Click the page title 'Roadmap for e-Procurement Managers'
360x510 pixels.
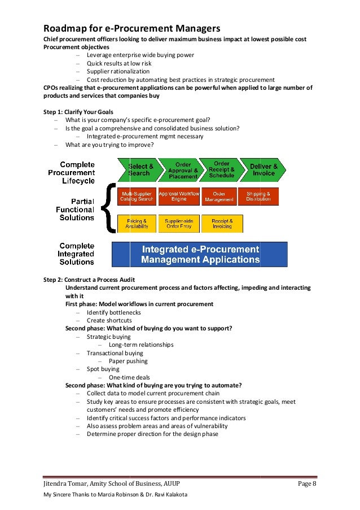pyautogui.click(x=132, y=28)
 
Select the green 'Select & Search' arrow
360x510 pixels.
pyautogui.click(x=139, y=169)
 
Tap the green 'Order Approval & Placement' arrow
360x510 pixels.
pyautogui.click(x=182, y=169)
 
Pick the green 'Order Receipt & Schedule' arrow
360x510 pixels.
pyautogui.click(x=222, y=169)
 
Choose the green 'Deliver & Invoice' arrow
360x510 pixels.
pyautogui.click(x=264, y=169)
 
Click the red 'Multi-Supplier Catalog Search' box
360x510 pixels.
pyautogui.click(x=137, y=196)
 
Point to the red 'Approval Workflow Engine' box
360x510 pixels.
pyautogui.click(x=178, y=196)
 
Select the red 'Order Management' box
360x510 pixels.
pyautogui.click(x=219, y=196)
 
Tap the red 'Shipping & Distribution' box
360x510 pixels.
pyautogui.click(x=258, y=196)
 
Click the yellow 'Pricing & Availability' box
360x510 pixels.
pyautogui.click(x=137, y=223)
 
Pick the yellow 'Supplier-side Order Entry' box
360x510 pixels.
pyautogui.click(x=178, y=223)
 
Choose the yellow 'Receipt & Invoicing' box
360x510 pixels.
pyautogui.click(x=219, y=223)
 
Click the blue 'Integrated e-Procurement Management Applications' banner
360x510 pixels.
pyautogui.click(x=200, y=254)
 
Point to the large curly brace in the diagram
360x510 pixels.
pyautogui.click(x=109, y=207)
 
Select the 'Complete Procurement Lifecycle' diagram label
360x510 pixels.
pyautogui.click(x=72, y=173)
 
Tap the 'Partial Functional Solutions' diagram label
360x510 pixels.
pyautogui.click(x=75, y=209)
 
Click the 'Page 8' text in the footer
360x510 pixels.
pyautogui.click(x=308, y=484)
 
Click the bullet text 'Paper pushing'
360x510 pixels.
pyautogui.click(x=128, y=361)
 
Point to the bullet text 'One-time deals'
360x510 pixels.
pyautogui.click(x=129, y=377)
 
